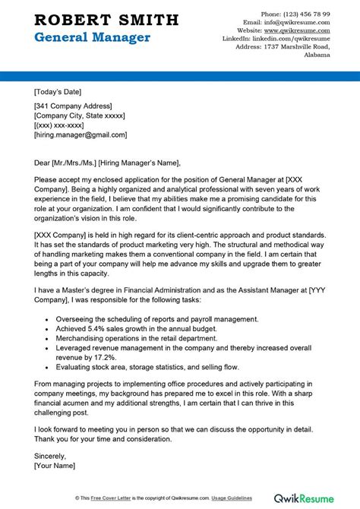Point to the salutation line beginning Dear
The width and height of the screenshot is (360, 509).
click(107, 162)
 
